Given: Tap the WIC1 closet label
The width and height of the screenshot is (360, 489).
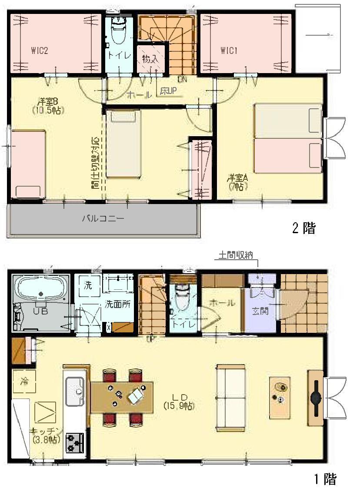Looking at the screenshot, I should [x=229, y=50].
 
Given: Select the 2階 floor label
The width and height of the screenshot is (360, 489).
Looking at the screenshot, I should [x=303, y=228].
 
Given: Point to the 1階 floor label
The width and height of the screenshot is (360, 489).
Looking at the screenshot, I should [x=325, y=479].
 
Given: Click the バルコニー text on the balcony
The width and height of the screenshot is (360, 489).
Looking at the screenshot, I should [x=103, y=218].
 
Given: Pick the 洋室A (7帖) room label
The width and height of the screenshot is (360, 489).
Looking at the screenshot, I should [x=237, y=182].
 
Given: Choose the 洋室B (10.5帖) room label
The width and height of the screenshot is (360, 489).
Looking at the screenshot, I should [x=48, y=106].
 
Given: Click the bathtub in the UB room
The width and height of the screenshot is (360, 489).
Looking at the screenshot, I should [x=41, y=289].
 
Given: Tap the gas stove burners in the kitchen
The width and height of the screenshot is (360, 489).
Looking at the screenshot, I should [x=74, y=443].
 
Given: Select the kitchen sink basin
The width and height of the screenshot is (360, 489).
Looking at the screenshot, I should [x=75, y=389].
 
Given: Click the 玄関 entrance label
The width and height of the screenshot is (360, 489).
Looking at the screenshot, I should [x=260, y=311].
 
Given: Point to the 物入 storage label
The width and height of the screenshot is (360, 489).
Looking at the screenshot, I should [x=150, y=60].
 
